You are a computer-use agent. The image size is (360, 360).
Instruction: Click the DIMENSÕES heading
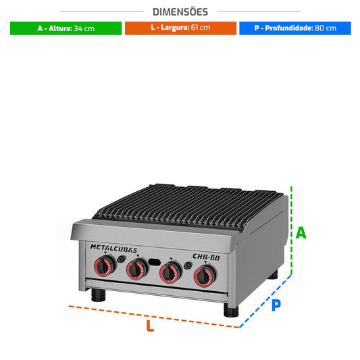coord(180,11)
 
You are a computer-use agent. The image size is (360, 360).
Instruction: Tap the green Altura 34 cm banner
coord(66,28)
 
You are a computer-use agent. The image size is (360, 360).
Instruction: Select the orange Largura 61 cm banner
coord(180,28)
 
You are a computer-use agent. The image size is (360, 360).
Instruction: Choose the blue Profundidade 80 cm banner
coord(295,28)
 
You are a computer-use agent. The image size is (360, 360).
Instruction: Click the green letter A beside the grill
coord(301,233)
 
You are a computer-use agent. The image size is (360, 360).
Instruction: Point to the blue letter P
coord(276,305)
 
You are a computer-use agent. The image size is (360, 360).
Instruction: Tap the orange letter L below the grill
coord(150,326)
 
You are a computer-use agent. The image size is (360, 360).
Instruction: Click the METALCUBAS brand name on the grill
coord(113,249)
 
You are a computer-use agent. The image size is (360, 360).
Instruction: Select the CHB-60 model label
coord(206,257)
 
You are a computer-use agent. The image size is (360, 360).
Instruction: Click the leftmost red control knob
coord(105,266)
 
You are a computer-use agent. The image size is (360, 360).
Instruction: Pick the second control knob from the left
coord(137,269)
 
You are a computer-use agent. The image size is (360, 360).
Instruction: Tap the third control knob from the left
coord(171,272)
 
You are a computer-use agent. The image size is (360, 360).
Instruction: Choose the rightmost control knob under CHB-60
coord(205,276)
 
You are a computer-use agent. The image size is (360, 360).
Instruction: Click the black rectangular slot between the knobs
coord(154,262)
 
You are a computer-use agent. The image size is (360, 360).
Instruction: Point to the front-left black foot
coord(99,295)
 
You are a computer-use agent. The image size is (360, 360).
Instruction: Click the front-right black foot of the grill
coord(231,310)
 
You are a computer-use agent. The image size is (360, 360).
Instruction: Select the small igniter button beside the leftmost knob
coord(120,259)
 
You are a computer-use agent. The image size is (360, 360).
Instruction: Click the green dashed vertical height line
coord(291,230)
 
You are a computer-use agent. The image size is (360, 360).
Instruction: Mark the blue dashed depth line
coord(265,301)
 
